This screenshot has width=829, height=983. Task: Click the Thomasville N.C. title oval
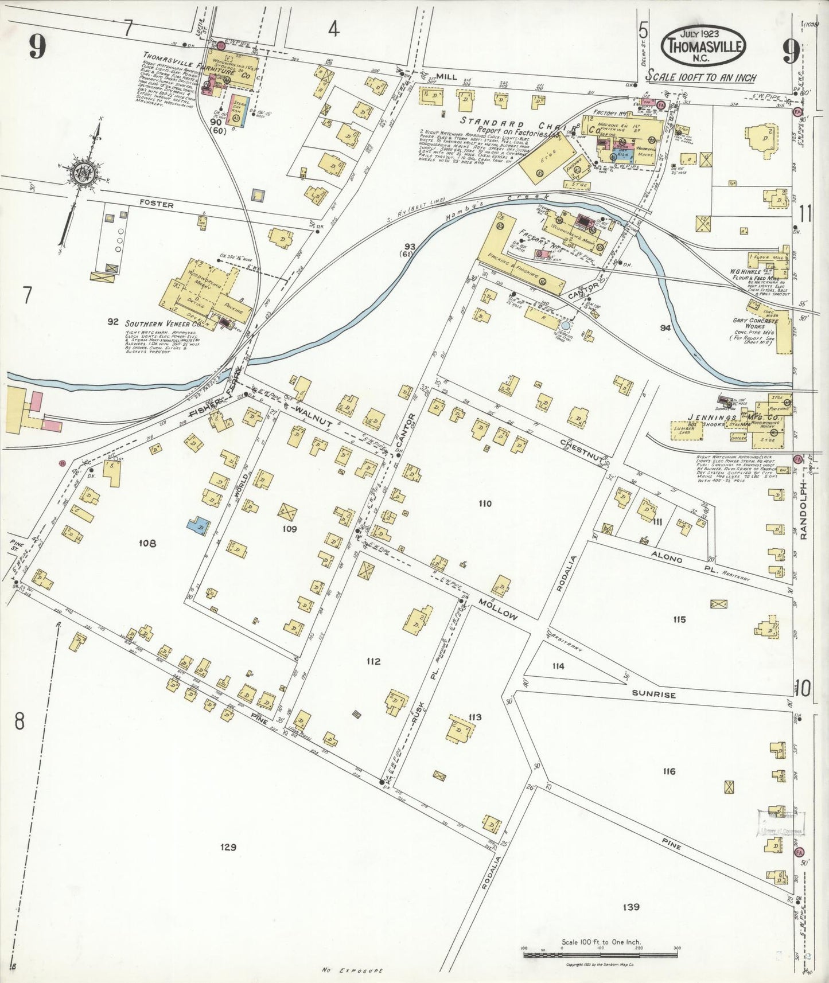coord(704,46)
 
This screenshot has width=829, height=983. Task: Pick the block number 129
coord(228,847)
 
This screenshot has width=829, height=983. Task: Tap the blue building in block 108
coord(199,525)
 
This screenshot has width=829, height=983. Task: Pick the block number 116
coord(669,771)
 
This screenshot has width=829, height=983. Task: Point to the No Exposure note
coord(352,970)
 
